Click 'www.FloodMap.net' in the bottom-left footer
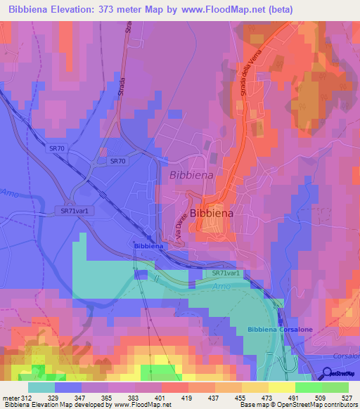pos(141,404)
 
